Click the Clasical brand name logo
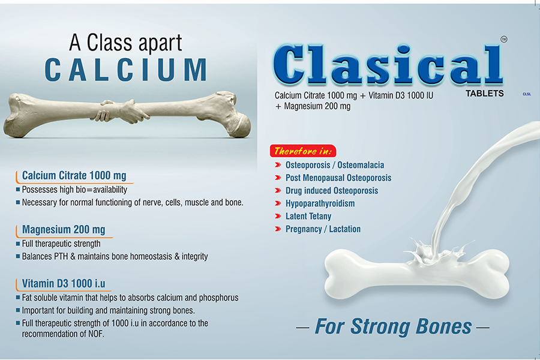[x=388, y=65]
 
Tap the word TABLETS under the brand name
[x=485, y=94]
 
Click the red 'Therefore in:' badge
[x=303, y=151]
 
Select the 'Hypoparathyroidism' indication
[x=320, y=203]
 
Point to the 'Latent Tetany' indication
[x=308, y=217]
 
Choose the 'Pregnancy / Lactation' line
[x=323, y=229]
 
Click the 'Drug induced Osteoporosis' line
[x=332, y=191]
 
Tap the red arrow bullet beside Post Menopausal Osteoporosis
[x=278, y=178]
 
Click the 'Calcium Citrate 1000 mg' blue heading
[x=74, y=175]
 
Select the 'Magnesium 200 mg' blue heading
[x=64, y=229]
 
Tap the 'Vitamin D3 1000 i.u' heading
[x=64, y=284]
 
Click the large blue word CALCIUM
[x=126, y=70]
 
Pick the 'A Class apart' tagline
[x=125, y=43]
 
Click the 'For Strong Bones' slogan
[x=393, y=326]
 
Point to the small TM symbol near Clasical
[x=504, y=39]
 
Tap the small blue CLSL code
[x=527, y=94]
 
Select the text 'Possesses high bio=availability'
[x=74, y=190]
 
